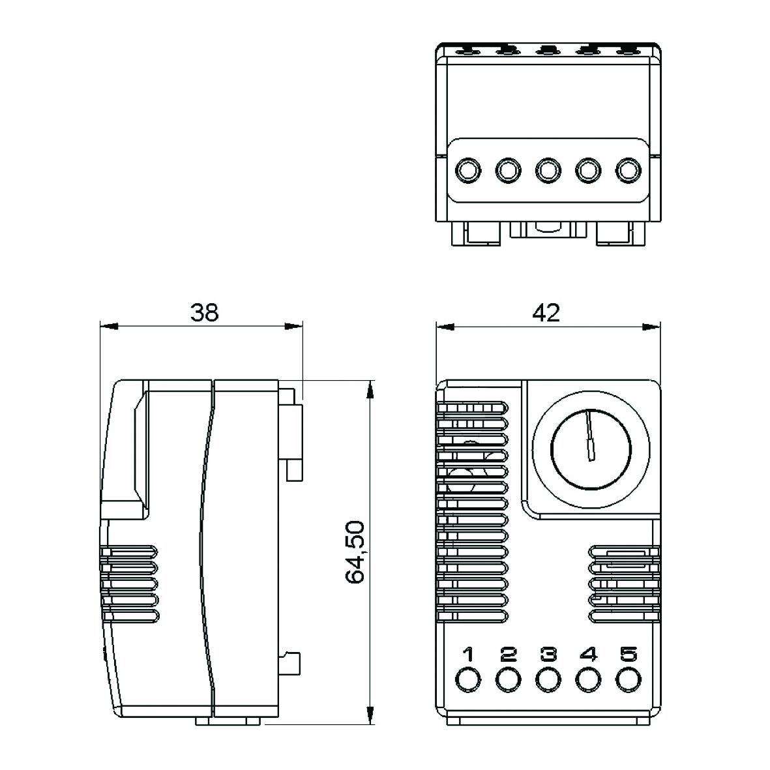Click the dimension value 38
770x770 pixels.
coord(204,313)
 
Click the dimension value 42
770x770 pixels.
coord(546,313)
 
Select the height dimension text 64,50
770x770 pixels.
coord(355,552)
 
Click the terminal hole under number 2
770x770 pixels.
coord(507,679)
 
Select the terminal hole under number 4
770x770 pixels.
coord(587,679)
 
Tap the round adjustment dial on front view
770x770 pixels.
coord(591,449)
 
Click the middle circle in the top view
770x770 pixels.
coord(547,171)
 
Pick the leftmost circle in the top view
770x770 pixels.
coord(467,171)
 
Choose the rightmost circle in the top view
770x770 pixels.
coord(627,171)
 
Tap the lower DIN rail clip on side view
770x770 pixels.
coord(292,663)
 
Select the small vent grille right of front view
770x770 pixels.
coord(624,583)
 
